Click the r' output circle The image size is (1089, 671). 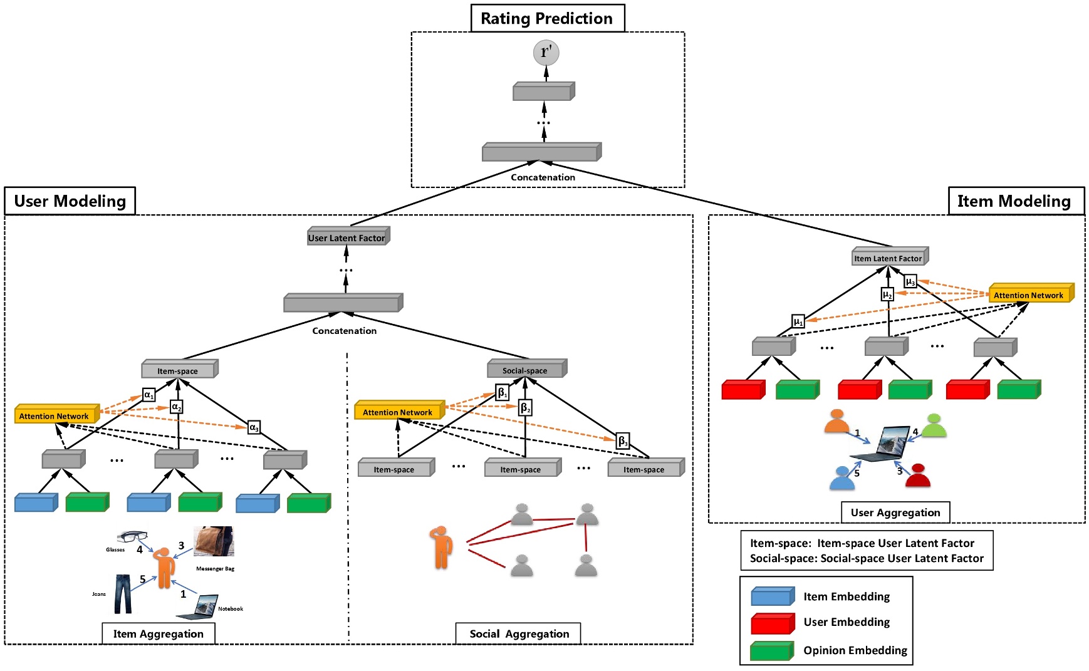546,52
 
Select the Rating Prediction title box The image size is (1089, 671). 547,18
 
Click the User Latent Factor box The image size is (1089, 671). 348,237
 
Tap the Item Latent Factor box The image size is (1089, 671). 889,257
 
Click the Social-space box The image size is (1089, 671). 526,369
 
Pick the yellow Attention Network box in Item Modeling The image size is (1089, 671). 1030,294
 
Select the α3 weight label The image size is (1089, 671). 254,427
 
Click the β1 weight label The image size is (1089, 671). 502,393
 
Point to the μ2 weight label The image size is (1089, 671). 887,294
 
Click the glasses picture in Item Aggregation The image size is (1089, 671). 132,536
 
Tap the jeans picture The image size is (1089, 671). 123,593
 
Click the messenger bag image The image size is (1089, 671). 214,541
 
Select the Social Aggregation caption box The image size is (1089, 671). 518,633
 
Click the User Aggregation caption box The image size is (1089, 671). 895,512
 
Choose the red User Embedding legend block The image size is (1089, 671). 772,623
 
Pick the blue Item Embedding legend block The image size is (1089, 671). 772,596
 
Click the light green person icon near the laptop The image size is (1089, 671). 934,426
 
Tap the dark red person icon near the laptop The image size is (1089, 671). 918,476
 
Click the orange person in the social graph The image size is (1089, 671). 441,547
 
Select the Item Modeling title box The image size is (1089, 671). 1015,201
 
